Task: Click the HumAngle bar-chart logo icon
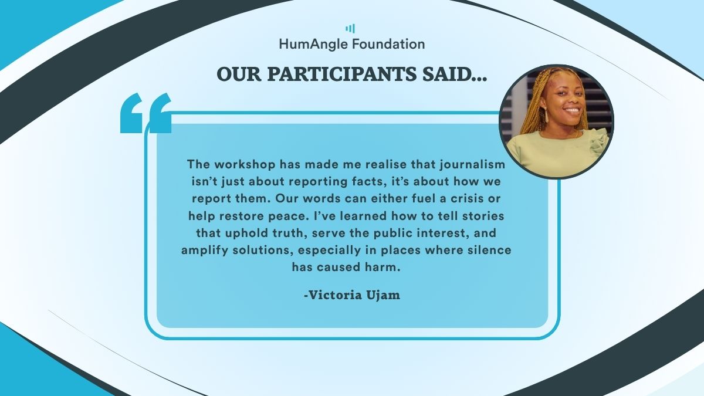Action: click(x=350, y=29)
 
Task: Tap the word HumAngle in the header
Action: click(x=314, y=45)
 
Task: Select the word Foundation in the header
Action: click(x=388, y=43)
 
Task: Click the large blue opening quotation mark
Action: click(x=146, y=113)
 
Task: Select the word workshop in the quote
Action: click(x=245, y=164)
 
